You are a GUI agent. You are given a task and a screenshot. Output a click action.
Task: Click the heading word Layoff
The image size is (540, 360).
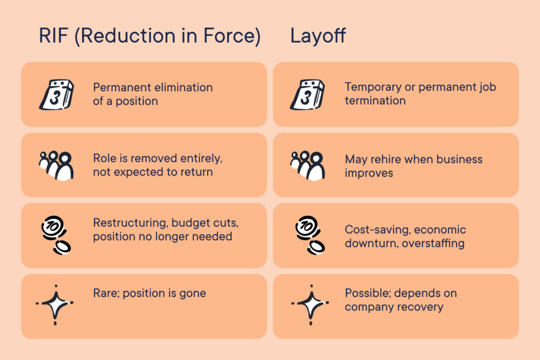[318, 36]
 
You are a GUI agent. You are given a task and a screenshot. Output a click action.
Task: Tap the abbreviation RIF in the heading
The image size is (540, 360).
[53, 35]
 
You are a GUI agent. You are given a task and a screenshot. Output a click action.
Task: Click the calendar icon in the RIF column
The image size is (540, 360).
[57, 95]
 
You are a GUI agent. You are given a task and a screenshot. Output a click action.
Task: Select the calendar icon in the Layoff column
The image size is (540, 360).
[307, 95]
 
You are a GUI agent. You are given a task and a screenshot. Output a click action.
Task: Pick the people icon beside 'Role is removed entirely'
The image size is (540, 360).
[56, 166]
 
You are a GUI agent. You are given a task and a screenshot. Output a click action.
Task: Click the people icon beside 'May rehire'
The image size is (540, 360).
[307, 166]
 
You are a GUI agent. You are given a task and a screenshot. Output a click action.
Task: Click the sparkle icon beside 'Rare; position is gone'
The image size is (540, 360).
[55, 305]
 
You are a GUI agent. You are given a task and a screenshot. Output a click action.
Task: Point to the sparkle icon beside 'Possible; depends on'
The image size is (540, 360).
[310, 305]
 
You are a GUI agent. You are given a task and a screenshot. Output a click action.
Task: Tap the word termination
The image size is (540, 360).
[375, 101]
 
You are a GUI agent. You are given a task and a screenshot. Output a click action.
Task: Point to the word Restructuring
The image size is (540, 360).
[131, 223]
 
